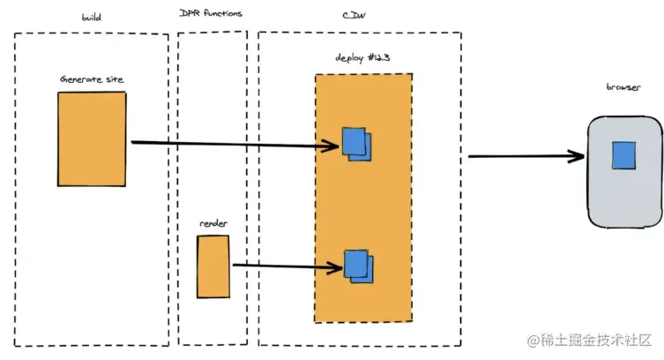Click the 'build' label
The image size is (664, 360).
pyautogui.click(x=91, y=17)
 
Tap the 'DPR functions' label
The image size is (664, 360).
pyautogui.click(x=212, y=14)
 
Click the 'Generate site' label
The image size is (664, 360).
pyautogui.click(x=92, y=79)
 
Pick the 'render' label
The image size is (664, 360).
pyautogui.click(x=213, y=223)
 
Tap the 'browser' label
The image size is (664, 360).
pyautogui.click(x=623, y=87)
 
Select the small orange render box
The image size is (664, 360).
pyautogui.click(x=213, y=266)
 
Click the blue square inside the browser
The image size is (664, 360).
pyautogui.click(x=624, y=155)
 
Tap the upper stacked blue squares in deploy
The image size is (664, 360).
pyautogui.click(x=356, y=144)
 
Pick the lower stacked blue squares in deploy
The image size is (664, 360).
pyautogui.click(x=358, y=266)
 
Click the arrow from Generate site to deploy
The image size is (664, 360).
pyautogui.click(x=229, y=144)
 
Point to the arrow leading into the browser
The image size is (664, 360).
pyautogui.click(x=525, y=157)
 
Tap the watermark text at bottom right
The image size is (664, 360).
pyautogui.click(x=589, y=340)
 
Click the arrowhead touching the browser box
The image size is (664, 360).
pyautogui.click(x=578, y=157)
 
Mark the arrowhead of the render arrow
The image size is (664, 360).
pyautogui.click(x=335, y=265)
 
